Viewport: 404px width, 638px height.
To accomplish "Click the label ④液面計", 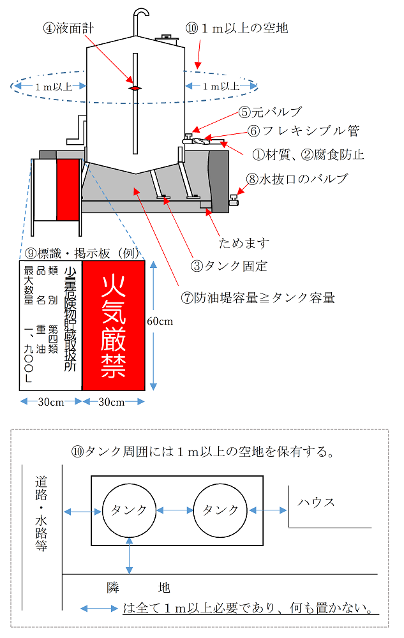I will pyautogui.click(x=69, y=28).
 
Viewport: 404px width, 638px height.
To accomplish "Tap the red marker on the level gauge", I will pyautogui.click(x=135, y=88).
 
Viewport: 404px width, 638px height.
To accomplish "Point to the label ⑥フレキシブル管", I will pyautogui.click(x=299, y=131).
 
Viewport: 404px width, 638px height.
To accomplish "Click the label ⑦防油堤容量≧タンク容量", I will pyautogui.click(x=258, y=297).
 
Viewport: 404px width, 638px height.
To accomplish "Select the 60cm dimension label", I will pyautogui.click(x=160, y=321).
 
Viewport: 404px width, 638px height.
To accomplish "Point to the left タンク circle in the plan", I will pyautogui.click(x=130, y=510).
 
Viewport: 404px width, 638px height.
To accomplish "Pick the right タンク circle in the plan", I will pyautogui.click(x=220, y=510).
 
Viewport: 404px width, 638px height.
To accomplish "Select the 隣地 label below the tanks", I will pyautogui.click(x=138, y=588).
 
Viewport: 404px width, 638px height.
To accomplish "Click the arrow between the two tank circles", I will pyautogui.click(x=175, y=510).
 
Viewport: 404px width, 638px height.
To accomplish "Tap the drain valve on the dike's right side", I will pyautogui.click(x=234, y=202).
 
